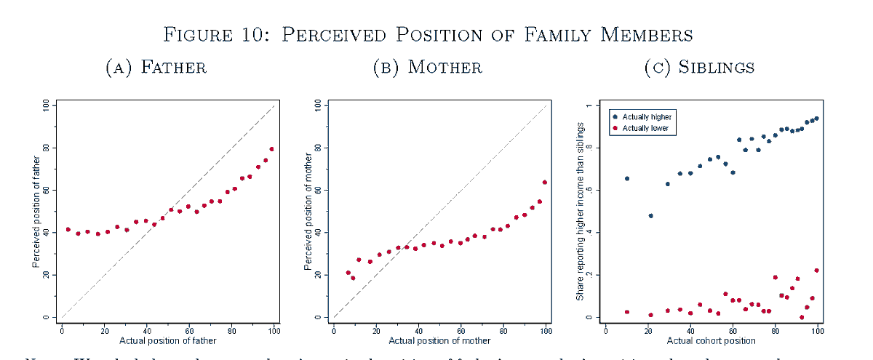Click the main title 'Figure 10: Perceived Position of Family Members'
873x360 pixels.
tap(427, 34)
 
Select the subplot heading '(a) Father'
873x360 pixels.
tap(156, 68)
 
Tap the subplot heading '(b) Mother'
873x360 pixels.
tap(427, 68)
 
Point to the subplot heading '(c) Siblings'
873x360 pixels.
tap(699, 68)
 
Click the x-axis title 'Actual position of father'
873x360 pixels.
tap(167, 340)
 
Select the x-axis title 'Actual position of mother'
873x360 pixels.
tap(439, 340)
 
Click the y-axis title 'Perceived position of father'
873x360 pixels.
tap(36, 211)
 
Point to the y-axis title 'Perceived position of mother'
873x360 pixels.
tap(308, 211)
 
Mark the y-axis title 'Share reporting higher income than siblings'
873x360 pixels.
tap(580, 211)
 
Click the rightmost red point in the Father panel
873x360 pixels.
tap(272, 149)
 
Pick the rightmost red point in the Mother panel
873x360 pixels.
tap(545, 183)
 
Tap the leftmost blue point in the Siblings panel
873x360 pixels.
tap(627, 178)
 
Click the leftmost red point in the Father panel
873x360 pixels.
tap(68, 229)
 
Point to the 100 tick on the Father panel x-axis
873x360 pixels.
tap(274, 329)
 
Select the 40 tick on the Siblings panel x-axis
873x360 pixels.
tap(690, 329)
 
